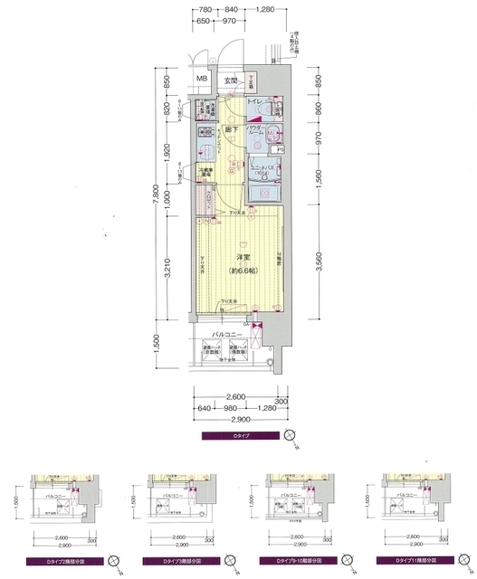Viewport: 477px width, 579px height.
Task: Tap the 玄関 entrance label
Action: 232,81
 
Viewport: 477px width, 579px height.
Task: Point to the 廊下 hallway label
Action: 230,129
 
